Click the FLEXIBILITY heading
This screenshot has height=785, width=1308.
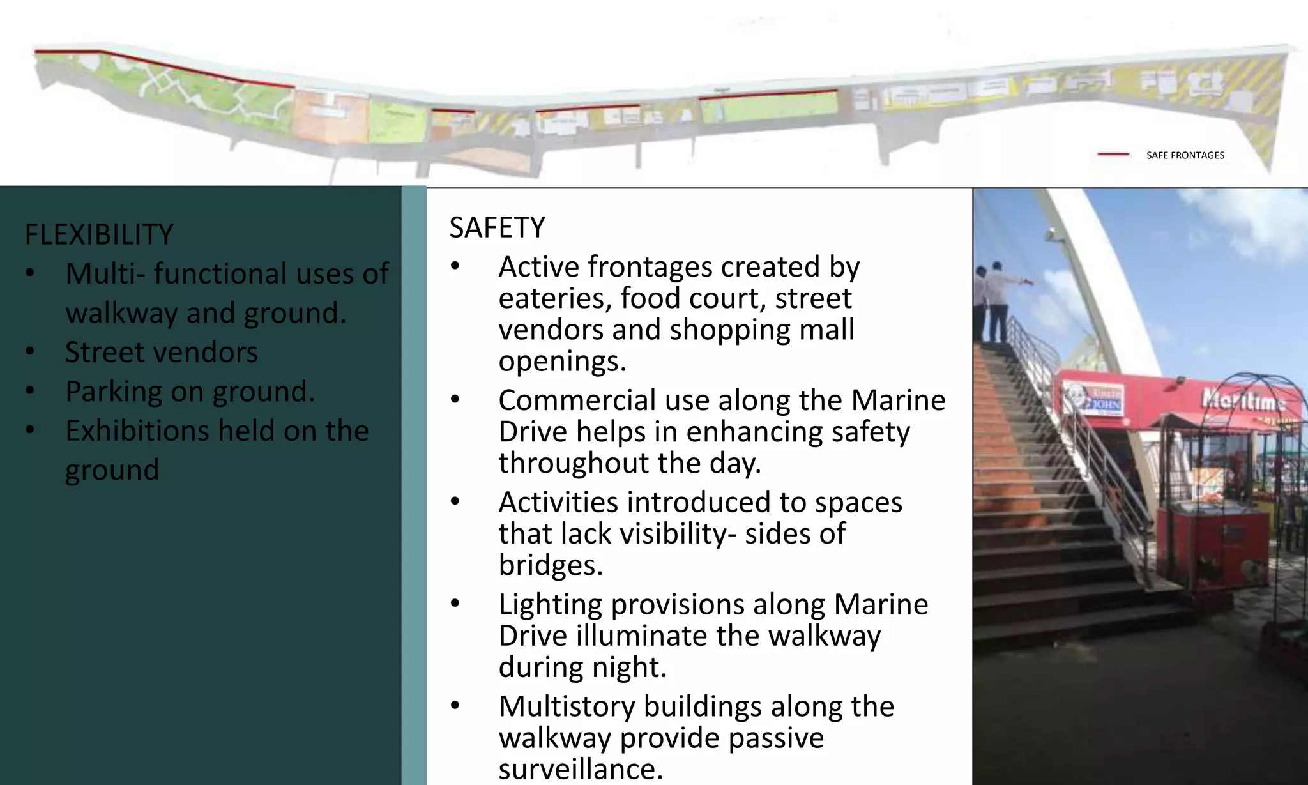click(98, 234)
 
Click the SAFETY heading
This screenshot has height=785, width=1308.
click(497, 227)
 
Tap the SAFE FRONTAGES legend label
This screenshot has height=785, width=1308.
click(1185, 155)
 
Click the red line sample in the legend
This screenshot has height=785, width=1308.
click(1113, 155)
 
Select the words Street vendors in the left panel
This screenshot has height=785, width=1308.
click(161, 352)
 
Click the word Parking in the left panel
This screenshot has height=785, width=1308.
click(113, 392)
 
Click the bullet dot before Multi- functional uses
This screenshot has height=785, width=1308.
click(30, 274)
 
